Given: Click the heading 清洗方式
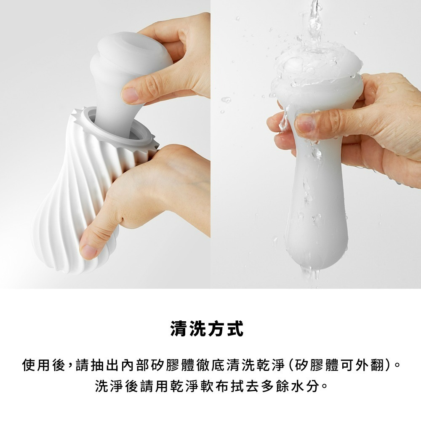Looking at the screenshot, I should (207, 329).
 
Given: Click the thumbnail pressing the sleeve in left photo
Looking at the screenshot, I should (131, 95).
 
